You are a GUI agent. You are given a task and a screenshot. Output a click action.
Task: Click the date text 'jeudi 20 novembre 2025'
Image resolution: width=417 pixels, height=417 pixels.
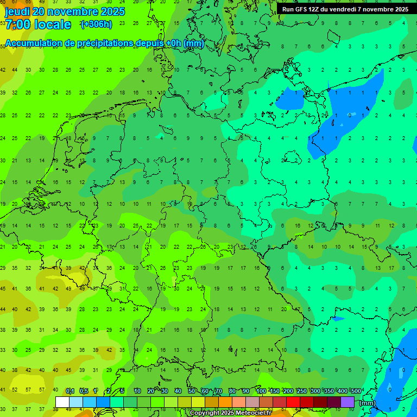(x=65, y=11)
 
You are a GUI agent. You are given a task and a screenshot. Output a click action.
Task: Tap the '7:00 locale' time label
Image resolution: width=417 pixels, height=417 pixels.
(x=38, y=24)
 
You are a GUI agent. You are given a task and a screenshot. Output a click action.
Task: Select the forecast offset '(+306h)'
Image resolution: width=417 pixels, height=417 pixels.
(x=96, y=24)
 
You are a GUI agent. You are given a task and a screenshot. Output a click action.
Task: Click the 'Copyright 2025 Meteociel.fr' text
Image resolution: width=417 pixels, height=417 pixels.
(x=230, y=413)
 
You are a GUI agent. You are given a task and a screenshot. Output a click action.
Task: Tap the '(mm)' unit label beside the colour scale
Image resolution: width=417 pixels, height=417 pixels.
(x=368, y=402)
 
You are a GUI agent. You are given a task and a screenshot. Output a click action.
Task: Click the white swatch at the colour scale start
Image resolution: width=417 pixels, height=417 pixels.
(x=62, y=402)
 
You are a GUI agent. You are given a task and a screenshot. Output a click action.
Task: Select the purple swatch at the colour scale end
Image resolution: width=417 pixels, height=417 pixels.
(x=347, y=402)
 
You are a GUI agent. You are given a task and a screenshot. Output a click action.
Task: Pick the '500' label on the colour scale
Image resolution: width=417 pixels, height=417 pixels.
(x=356, y=391)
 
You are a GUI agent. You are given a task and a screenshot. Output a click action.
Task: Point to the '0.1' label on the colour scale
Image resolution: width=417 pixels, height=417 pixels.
(x=70, y=391)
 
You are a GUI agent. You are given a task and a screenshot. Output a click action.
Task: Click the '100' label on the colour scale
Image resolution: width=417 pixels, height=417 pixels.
(x=261, y=391)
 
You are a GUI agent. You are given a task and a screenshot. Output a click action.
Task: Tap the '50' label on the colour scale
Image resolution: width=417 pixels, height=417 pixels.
(x=192, y=391)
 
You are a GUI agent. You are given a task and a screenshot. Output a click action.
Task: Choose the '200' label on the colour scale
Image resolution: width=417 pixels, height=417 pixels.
(x=288, y=391)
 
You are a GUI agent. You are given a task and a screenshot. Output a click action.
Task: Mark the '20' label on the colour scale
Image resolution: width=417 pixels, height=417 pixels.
(x=150, y=391)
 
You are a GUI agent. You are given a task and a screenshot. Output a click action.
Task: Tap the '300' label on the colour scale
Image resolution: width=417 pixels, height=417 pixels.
(x=315, y=391)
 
